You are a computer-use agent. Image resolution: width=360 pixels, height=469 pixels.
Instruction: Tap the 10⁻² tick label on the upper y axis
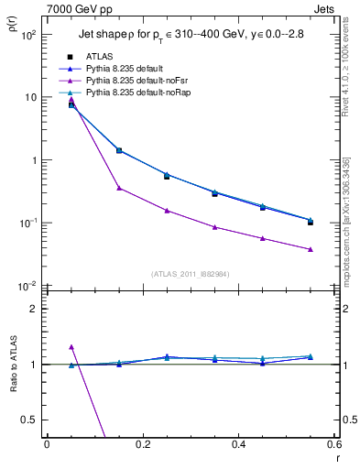[27, 286]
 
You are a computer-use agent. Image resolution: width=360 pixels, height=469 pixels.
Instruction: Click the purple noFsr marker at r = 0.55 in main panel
[311, 249]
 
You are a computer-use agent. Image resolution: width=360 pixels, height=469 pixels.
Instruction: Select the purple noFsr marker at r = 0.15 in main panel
[119, 188]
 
